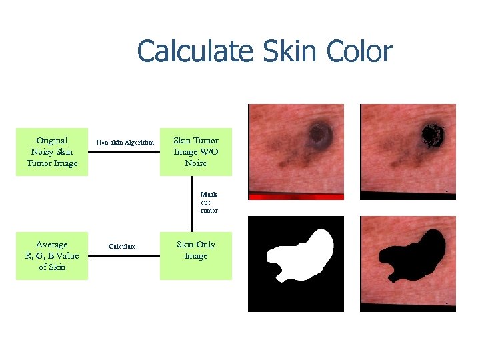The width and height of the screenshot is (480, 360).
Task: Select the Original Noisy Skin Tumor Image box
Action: [52, 152]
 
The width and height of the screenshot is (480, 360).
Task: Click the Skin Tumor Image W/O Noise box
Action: [195, 152]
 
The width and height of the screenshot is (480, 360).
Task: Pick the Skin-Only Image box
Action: [195, 256]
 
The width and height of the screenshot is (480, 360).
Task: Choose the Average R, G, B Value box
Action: [52, 256]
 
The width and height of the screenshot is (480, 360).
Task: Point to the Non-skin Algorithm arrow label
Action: [125, 142]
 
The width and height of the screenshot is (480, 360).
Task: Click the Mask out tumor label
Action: [209, 202]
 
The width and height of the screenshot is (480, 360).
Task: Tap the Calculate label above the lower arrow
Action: [122, 246]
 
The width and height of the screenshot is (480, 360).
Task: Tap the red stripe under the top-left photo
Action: [296, 196]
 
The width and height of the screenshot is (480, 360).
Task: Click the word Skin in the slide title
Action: [289, 51]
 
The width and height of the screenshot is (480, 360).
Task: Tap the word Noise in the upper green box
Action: [195, 163]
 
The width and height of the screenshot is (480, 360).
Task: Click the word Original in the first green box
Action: [52, 141]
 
